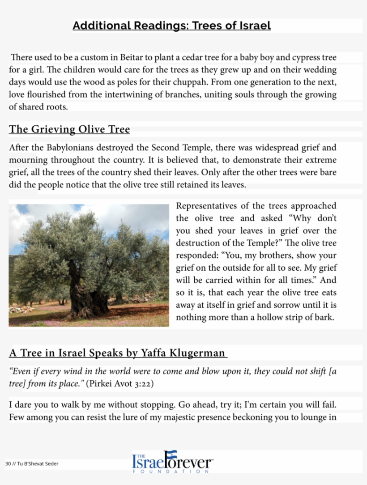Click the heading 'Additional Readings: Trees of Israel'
[171, 26]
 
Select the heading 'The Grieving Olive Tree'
[69, 130]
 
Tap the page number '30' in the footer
[8, 464]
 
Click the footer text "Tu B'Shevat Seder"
[38, 464]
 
